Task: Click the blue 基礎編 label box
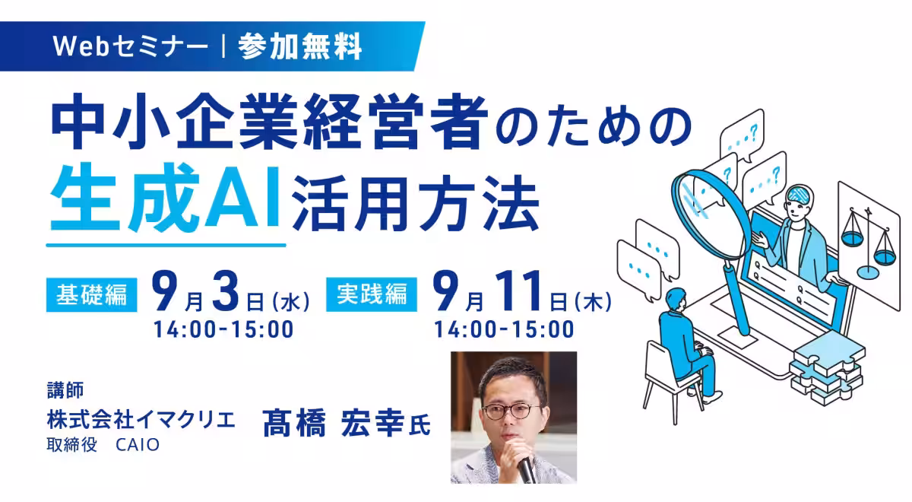(x=92, y=294)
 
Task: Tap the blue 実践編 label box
(x=372, y=294)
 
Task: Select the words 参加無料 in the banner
(x=300, y=46)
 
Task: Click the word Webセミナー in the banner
(x=130, y=46)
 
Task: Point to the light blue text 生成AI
(x=165, y=198)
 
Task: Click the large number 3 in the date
(x=226, y=292)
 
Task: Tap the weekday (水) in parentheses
(x=291, y=303)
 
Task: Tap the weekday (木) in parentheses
(x=593, y=303)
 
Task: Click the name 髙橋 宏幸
(x=334, y=423)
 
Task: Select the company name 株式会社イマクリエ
(x=141, y=420)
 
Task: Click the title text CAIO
(x=138, y=445)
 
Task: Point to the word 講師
(x=65, y=389)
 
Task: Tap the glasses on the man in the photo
(x=511, y=411)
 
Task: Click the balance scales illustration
(x=869, y=244)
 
